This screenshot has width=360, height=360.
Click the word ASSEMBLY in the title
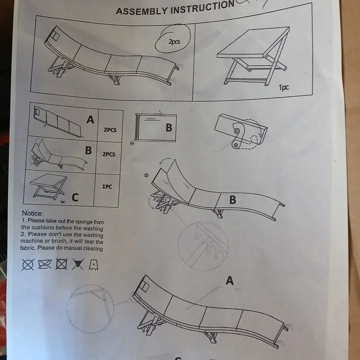point(141,11)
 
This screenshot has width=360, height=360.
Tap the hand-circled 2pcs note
point(173,41)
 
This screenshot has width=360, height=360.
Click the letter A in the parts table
point(90,119)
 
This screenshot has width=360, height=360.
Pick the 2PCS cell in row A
point(110,130)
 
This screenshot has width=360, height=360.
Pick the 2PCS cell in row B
point(109,154)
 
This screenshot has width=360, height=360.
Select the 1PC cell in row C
point(107,187)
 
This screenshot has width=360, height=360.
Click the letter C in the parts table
point(75,198)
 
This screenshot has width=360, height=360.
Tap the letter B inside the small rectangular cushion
point(169,128)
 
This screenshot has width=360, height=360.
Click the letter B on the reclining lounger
point(233,200)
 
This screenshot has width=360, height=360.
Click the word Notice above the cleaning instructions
point(33,213)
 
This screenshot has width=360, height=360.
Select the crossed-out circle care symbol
point(27,265)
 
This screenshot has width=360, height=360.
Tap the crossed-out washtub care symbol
point(44,265)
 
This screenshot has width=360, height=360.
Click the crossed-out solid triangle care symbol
point(78,265)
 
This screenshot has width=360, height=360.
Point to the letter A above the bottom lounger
point(230,281)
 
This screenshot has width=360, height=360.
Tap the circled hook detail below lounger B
point(203,245)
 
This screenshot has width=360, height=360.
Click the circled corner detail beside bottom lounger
point(90,308)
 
